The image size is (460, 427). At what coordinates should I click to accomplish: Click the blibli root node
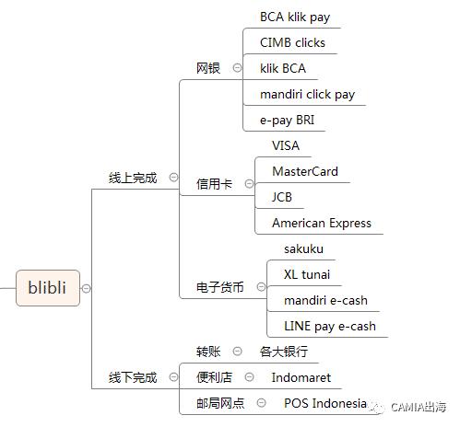tap(47, 287)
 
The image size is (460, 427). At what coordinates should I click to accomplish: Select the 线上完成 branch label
tap(132, 178)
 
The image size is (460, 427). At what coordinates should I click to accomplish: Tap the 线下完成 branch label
tap(132, 377)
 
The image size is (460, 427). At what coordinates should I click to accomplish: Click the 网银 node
tap(208, 68)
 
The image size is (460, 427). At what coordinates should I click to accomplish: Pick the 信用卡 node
tap(214, 183)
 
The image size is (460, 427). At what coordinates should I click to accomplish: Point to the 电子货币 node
tap(220, 287)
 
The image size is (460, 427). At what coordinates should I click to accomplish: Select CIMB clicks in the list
tap(292, 42)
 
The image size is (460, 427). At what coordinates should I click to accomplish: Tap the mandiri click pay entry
tap(307, 94)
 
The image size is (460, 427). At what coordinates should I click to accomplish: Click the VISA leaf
tap(286, 145)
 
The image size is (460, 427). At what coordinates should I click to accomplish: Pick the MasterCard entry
tap(305, 171)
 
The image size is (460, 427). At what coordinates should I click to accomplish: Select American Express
tap(322, 223)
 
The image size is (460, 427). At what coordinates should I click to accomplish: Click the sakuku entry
tap(303, 248)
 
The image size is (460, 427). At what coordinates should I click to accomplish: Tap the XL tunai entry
tap(307, 274)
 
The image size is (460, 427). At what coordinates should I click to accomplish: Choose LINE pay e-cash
tap(330, 326)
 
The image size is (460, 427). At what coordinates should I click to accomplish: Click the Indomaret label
tap(301, 377)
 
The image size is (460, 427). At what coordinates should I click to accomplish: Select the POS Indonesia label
tap(324, 403)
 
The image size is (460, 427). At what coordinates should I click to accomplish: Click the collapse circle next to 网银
tap(237, 68)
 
